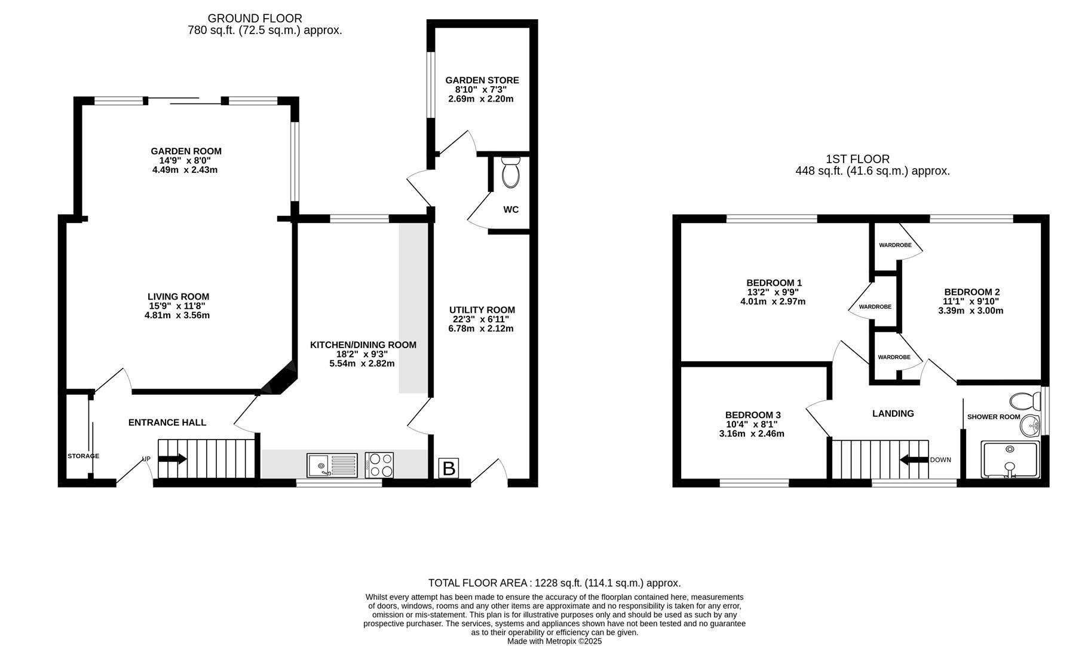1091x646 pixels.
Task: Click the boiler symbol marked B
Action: click(x=449, y=468)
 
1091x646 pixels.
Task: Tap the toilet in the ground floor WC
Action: click(x=511, y=172)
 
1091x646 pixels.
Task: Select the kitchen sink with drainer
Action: click(x=332, y=465)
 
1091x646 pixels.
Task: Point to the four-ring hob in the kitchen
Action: click(x=379, y=465)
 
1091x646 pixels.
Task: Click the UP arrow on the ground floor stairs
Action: click(x=173, y=459)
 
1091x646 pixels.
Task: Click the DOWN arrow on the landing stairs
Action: click(x=914, y=460)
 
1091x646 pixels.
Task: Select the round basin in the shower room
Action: click(x=1029, y=426)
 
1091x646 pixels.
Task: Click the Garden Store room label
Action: click(x=482, y=80)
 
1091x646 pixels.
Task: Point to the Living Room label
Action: click(x=179, y=297)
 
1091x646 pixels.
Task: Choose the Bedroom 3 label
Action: click(x=753, y=415)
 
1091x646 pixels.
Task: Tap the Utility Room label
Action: click(x=482, y=310)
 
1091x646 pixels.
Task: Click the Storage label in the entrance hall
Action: click(x=83, y=456)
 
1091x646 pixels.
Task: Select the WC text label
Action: click(x=511, y=210)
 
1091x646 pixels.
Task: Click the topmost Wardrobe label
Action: click(x=895, y=245)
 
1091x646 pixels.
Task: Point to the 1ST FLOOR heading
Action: click(x=857, y=159)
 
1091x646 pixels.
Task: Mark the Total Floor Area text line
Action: click(x=554, y=583)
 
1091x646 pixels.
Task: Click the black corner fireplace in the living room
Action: click(x=280, y=379)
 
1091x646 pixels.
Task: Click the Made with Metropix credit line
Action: click(x=554, y=641)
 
